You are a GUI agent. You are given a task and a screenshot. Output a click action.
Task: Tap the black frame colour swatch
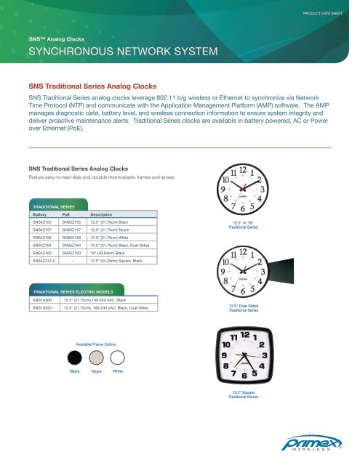point(74,357)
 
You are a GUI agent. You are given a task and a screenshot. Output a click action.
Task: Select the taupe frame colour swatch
point(96,357)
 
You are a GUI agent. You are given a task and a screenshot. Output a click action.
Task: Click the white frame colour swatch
point(118,357)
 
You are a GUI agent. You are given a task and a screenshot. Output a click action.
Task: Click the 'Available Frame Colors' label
point(95,343)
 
